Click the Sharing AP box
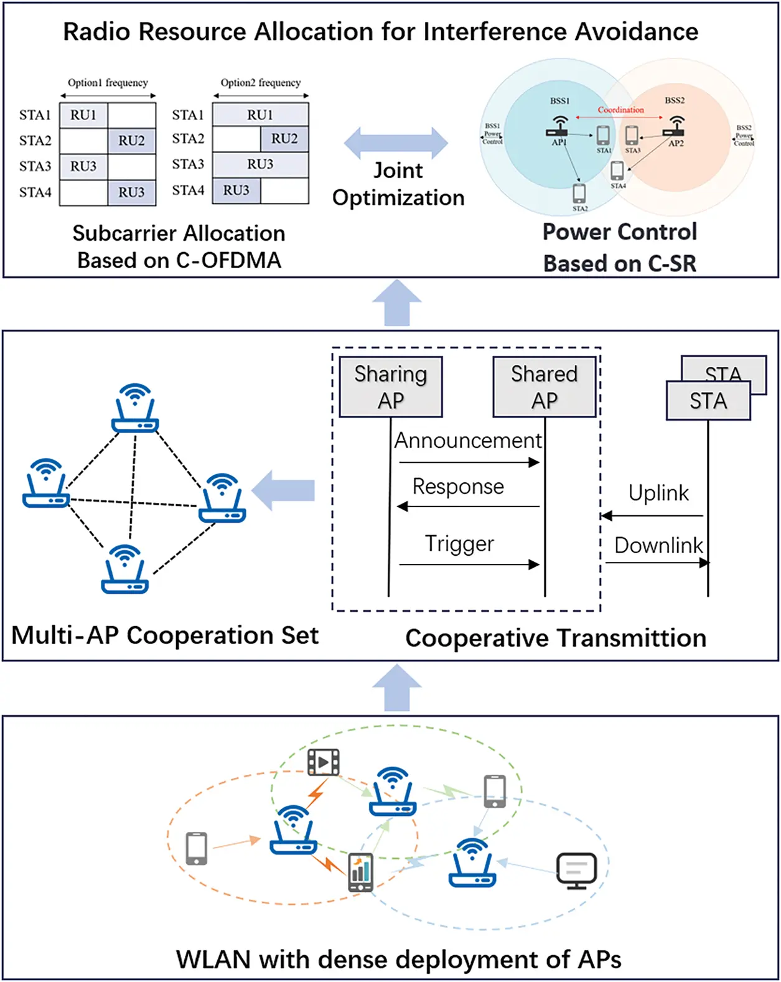click(391, 386)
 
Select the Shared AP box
click(545, 386)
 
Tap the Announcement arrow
click(469, 462)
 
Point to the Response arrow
click(468, 507)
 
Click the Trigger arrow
click(469, 564)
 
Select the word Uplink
click(658, 493)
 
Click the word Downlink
click(658, 545)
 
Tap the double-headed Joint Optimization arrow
click(396, 143)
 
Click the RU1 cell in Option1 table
click(83, 115)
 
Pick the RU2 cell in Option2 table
click(284, 139)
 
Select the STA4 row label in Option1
click(35, 192)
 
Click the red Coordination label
click(620, 110)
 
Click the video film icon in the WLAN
click(323, 762)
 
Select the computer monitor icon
click(576, 870)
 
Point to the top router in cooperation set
click(135, 408)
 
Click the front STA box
click(708, 401)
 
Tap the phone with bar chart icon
click(360, 872)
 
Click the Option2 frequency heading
click(260, 83)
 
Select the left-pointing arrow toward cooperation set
click(283, 490)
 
